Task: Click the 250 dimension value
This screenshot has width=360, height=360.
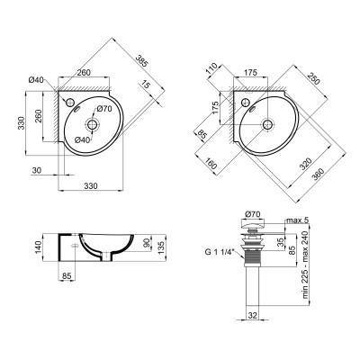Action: click(x=310, y=78)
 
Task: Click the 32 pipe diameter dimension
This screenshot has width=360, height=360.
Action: click(x=253, y=315)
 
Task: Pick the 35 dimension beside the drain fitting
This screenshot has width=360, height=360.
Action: click(x=279, y=241)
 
